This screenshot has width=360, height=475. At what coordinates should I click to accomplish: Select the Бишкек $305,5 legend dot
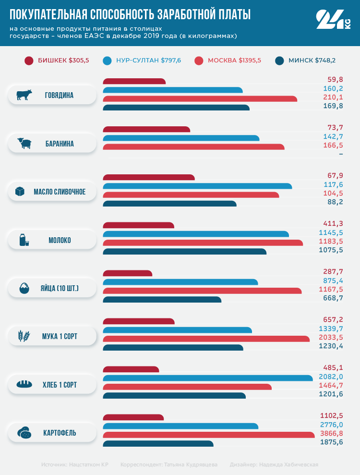pos(29,61)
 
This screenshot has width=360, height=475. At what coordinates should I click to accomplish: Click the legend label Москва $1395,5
pos(234,61)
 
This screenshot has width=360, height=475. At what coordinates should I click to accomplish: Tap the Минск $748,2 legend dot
pos(280,61)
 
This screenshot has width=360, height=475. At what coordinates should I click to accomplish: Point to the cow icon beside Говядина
pos(24,95)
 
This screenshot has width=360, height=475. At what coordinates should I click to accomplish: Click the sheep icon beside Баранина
pos(24,143)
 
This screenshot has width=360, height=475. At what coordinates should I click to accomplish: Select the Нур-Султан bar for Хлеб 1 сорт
pos(207,378)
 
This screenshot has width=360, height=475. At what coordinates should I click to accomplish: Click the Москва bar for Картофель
pos(209,435)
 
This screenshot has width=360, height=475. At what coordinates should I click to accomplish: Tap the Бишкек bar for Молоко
pos(138,225)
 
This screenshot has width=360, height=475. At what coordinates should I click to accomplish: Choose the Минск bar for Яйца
pos(162,300)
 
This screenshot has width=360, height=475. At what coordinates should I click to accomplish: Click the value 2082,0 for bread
pos(332,377)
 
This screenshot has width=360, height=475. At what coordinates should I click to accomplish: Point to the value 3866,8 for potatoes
pos(332,434)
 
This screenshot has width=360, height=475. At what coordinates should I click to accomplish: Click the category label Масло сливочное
pos(60,192)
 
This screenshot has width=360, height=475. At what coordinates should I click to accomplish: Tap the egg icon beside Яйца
pos(24,289)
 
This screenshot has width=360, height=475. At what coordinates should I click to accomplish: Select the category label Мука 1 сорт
pos(60,337)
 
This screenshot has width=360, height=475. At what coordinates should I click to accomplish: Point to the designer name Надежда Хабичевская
pos(288,464)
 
